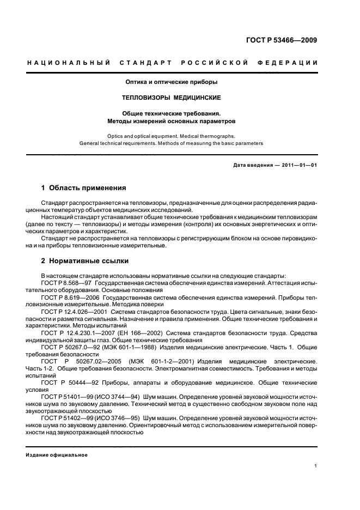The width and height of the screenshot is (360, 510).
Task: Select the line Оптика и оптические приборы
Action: [x=172, y=82]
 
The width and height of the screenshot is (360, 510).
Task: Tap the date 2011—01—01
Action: [x=298, y=165]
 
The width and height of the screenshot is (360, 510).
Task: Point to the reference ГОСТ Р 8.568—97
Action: [x=66, y=284]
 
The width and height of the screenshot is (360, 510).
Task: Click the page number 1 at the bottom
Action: [x=316, y=466]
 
